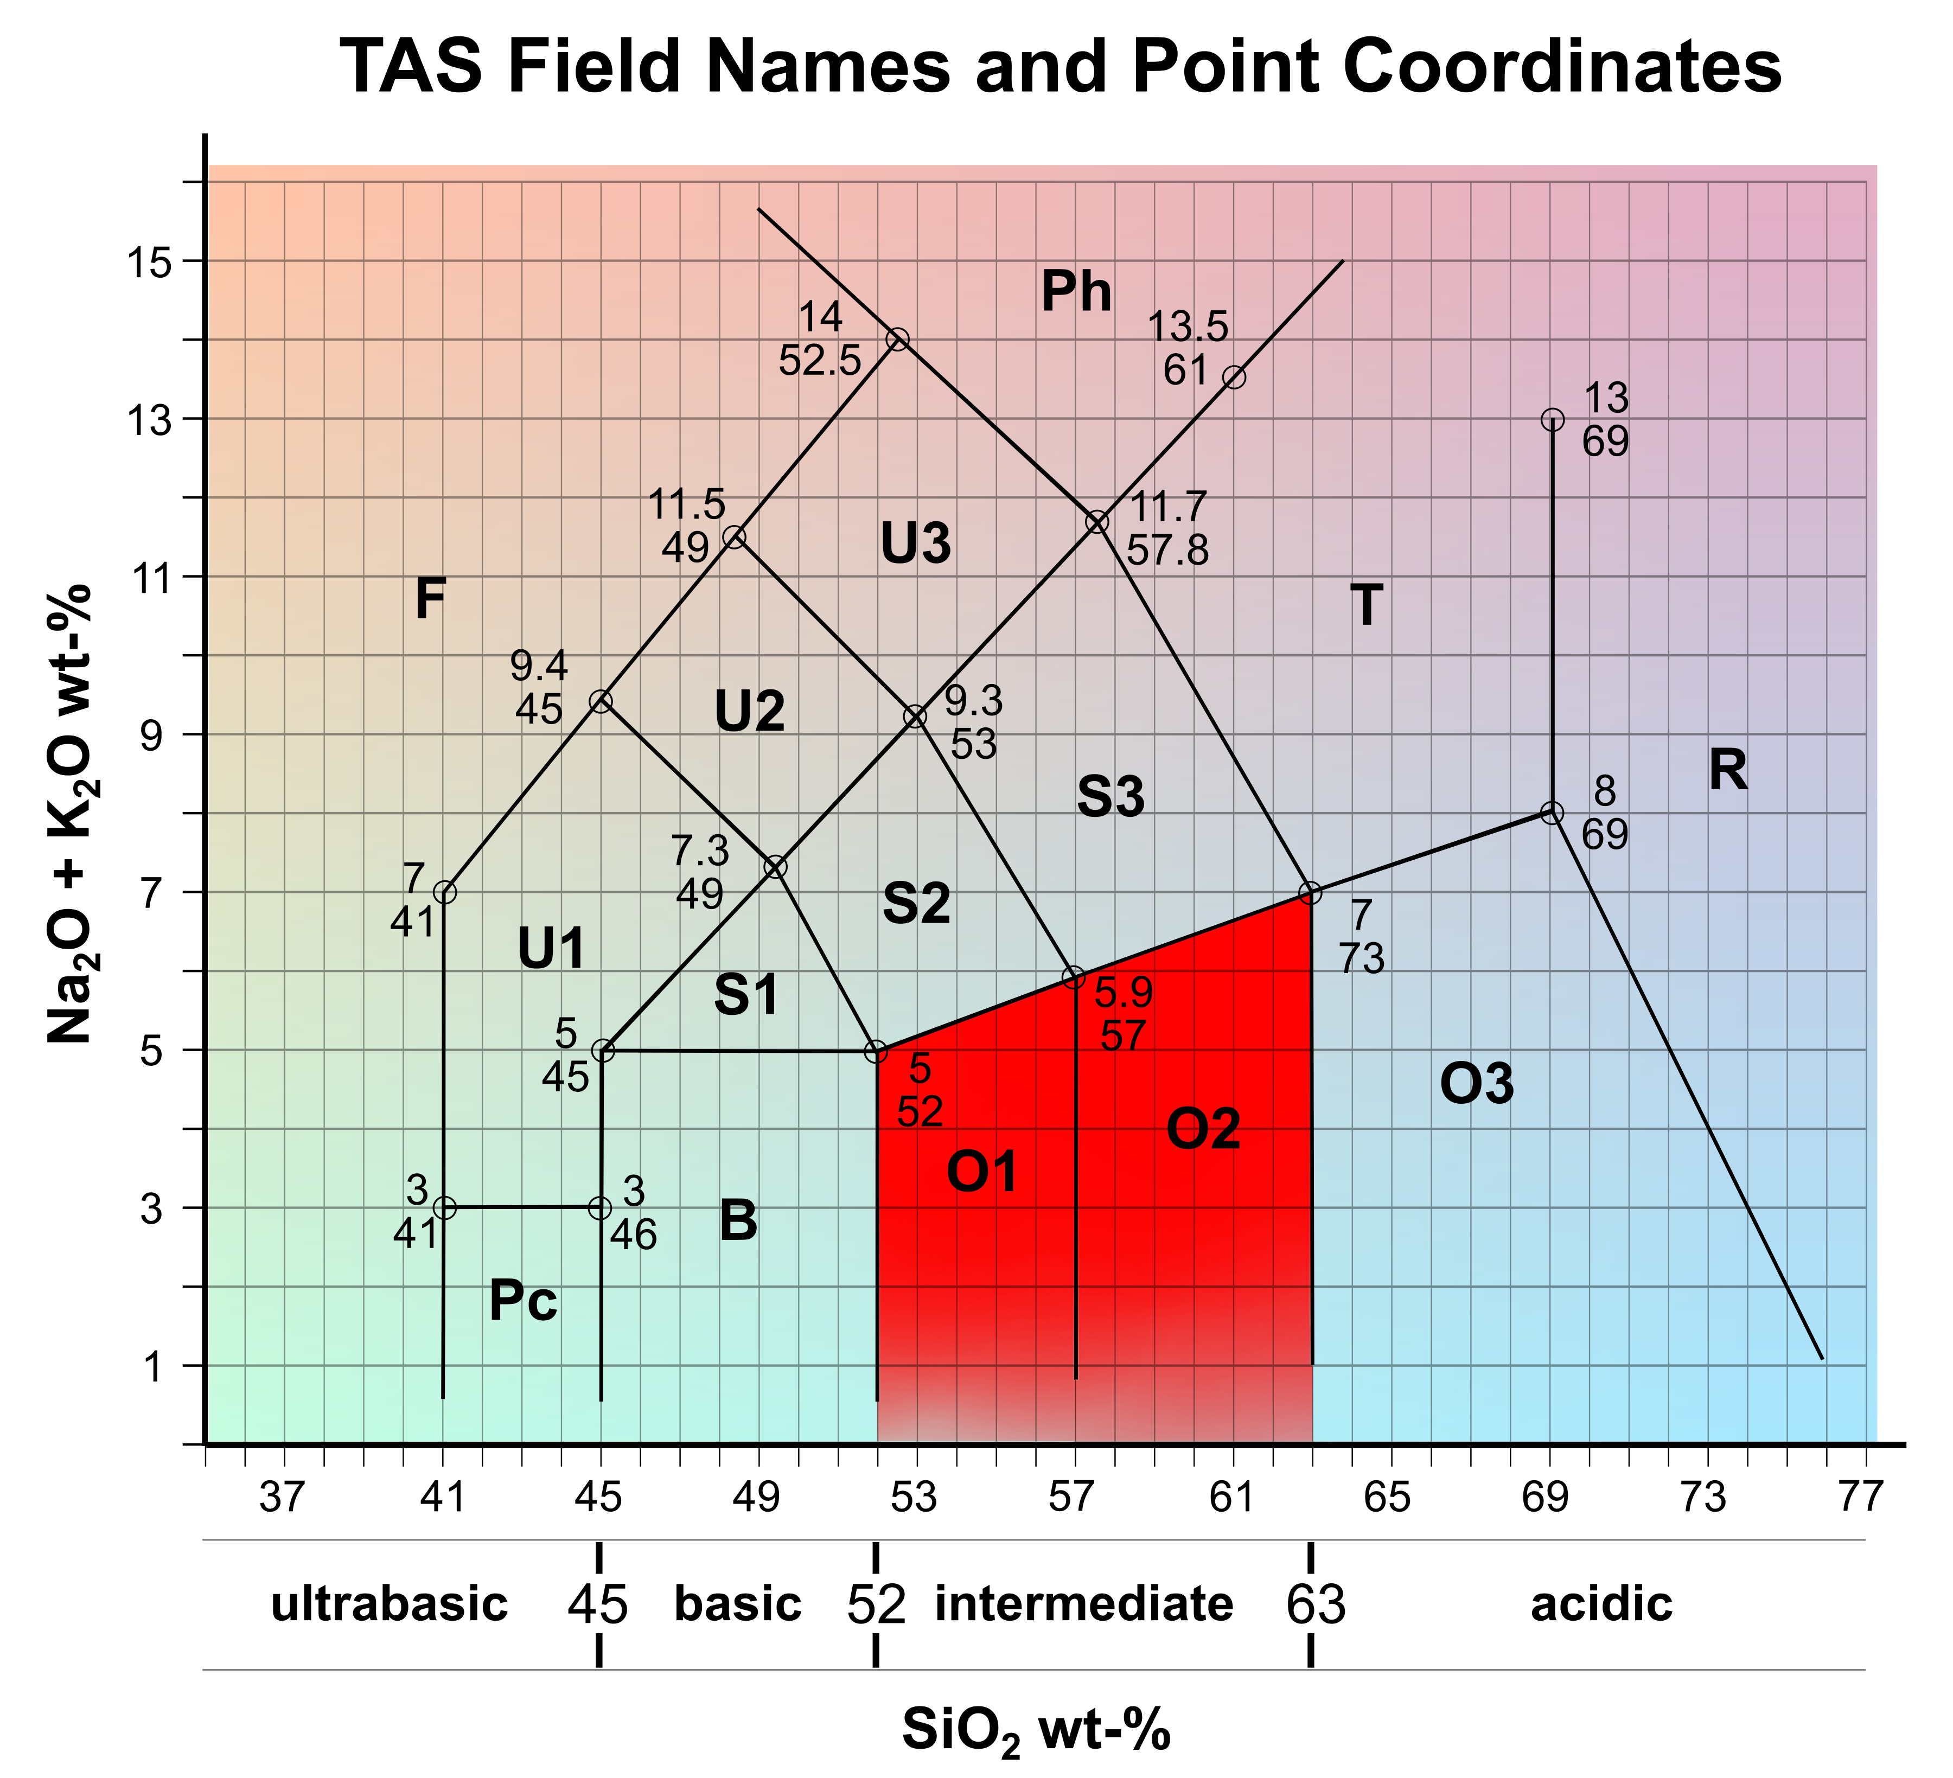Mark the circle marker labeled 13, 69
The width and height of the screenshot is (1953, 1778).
[1553, 419]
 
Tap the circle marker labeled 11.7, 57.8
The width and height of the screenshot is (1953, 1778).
[1096, 522]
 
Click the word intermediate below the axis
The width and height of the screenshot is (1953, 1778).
[1084, 1604]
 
